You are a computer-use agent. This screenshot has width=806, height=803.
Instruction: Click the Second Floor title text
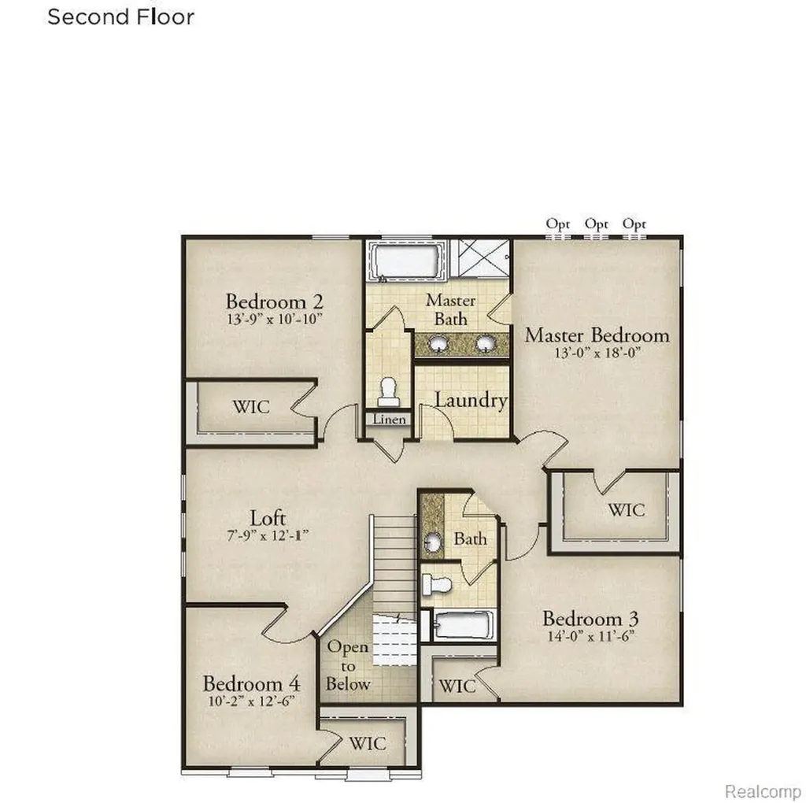[x=120, y=17]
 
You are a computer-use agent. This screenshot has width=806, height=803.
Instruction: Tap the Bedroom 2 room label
[x=275, y=302]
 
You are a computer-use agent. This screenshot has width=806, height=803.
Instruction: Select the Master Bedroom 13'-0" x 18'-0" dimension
[x=597, y=353]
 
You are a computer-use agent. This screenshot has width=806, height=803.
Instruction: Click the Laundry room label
[x=471, y=400]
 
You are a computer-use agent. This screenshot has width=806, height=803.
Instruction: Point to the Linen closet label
[x=389, y=420]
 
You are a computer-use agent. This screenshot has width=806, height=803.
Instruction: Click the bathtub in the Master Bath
[x=407, y=262]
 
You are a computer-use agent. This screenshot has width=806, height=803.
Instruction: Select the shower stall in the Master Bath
[x=483, y=258]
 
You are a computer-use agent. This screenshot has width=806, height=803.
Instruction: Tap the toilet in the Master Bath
[x=388, y=392]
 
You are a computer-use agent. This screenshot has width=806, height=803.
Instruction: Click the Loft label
[x=268, y=518]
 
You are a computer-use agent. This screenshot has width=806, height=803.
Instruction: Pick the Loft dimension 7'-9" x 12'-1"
[x=268, y=535]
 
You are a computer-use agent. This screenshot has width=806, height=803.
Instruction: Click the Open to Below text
[x=348, y=666]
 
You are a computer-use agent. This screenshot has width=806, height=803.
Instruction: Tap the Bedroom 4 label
[x=251, y=684]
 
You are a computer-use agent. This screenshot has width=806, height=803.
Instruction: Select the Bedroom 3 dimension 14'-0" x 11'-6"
[x=590, y=636]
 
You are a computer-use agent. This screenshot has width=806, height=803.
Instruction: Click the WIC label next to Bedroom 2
[x=251, y=407]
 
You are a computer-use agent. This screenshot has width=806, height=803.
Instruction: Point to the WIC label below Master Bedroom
[x=626, y=510]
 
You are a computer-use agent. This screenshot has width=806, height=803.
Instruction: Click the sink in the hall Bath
[x=432, y=542]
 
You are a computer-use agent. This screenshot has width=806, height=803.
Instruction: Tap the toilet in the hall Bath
[x=436, y=584]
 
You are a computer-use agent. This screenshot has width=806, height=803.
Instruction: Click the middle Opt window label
[x=597, y=224]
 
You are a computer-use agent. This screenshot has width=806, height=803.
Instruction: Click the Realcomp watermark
[x=763, y=792]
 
